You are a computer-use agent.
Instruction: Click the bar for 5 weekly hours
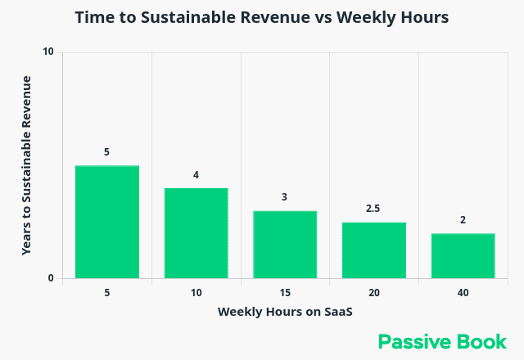[x=106, y=222]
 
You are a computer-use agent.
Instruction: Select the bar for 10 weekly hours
[x=196, y=233]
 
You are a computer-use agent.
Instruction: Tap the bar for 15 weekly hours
[x=284, y=245]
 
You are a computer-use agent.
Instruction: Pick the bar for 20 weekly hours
[x=373, y=250]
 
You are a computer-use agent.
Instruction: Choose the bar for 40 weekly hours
[x=463, y=256]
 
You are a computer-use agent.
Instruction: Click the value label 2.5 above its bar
[x=373, y=209]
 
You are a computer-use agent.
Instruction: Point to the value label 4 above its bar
[x=196, y=175]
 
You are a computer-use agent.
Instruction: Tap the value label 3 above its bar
[x=284, y=197]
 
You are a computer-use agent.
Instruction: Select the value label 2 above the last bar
[x=463, y=220]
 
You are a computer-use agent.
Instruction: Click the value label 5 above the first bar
[x=106, y=152]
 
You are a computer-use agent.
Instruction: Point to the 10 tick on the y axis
[x=48, y=52]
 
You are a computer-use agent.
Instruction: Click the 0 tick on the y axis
[x=51, y=278]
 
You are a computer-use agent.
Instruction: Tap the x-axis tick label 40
[x=463, y=291]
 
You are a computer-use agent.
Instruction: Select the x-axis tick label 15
[x=284, y=291]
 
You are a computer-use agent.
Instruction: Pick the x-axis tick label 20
[x=373, y=291]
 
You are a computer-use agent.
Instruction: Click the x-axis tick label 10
[x=196, y=291]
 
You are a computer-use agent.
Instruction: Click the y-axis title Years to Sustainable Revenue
[x=26, y=165]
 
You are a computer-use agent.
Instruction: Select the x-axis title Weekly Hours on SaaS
[x=284, y=312]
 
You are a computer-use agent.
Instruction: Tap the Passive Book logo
[x=442, y=341]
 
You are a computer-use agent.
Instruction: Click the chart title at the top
[x=262, y=17]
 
